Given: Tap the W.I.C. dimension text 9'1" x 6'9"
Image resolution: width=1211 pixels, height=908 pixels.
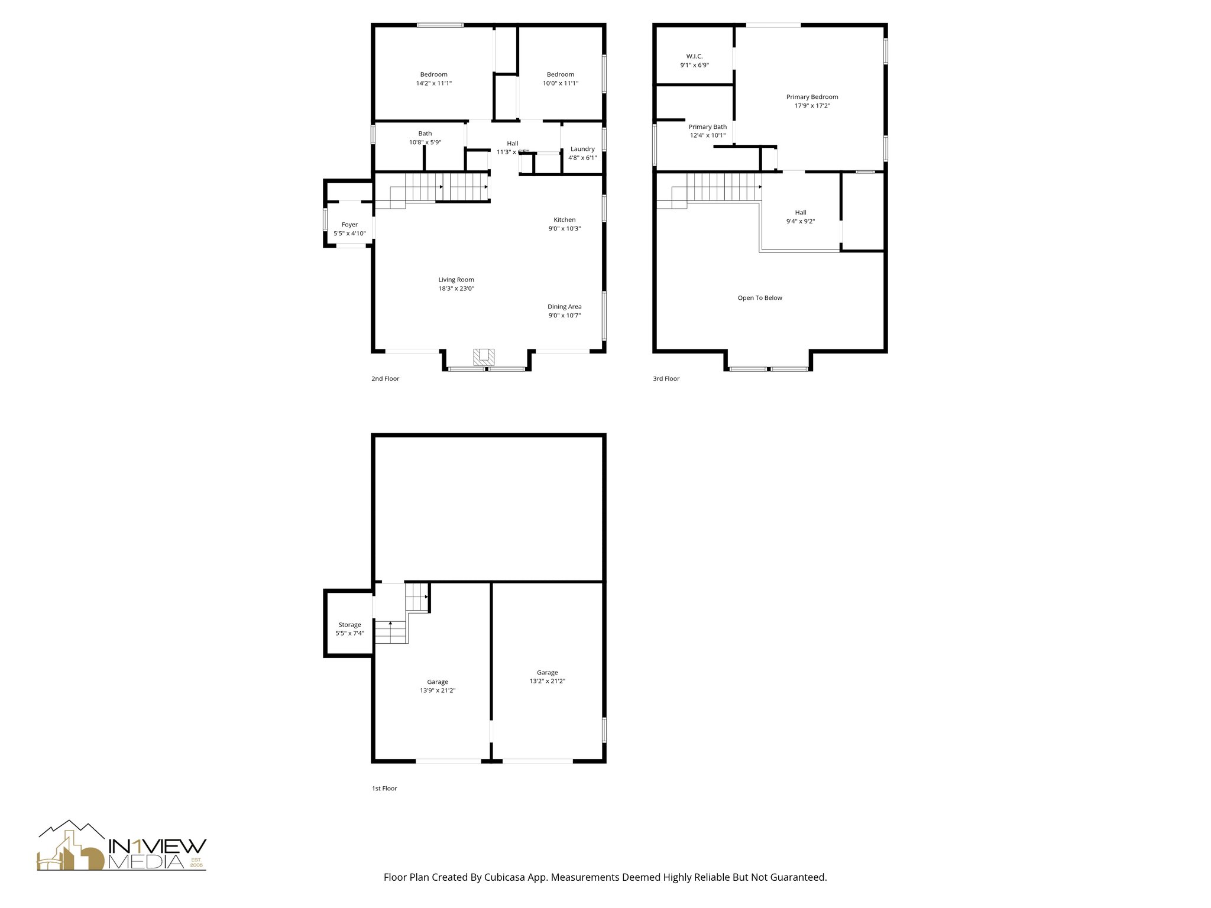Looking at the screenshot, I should coord(694,66).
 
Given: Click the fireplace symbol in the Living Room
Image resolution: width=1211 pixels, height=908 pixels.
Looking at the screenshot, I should coord(484,356).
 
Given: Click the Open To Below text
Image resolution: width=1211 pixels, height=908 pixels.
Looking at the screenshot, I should coord(760,298).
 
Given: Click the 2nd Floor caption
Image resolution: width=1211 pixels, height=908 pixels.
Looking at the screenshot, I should coord(385,378).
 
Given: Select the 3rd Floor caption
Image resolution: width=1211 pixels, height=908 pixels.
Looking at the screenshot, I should coord(666,378).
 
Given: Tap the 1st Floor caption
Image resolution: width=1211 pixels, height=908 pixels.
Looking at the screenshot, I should coord(384,788).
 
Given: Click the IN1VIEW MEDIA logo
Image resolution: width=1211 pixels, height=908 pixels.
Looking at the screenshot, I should coord(122,846).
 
